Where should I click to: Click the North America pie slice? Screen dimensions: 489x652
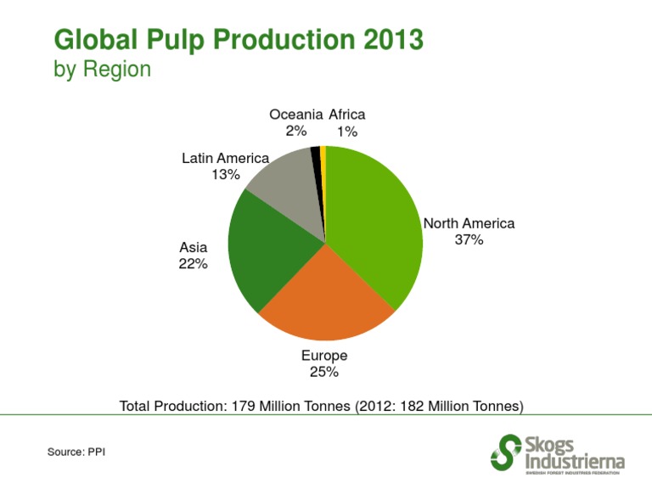tap(374, 221)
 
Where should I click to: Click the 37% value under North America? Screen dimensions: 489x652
tap(469, 240)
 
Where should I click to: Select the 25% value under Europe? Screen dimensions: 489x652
tap(324, 372)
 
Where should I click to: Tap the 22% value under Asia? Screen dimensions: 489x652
tap(193, 263)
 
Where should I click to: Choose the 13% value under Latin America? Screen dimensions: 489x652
tap(226, 175)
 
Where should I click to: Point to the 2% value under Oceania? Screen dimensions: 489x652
tap(296, 132)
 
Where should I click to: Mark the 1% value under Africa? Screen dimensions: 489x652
tap(346, 132)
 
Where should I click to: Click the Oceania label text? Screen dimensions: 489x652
tap(295, 115)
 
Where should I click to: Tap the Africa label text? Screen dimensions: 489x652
tap(346, 115)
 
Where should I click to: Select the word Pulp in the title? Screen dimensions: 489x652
tap(168, 40)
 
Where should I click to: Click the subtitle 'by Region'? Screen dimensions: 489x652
tap(102, 69)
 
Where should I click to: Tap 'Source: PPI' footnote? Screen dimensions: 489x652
tap(76, 452)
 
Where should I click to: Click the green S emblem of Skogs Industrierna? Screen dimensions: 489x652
tap(506, 452)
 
